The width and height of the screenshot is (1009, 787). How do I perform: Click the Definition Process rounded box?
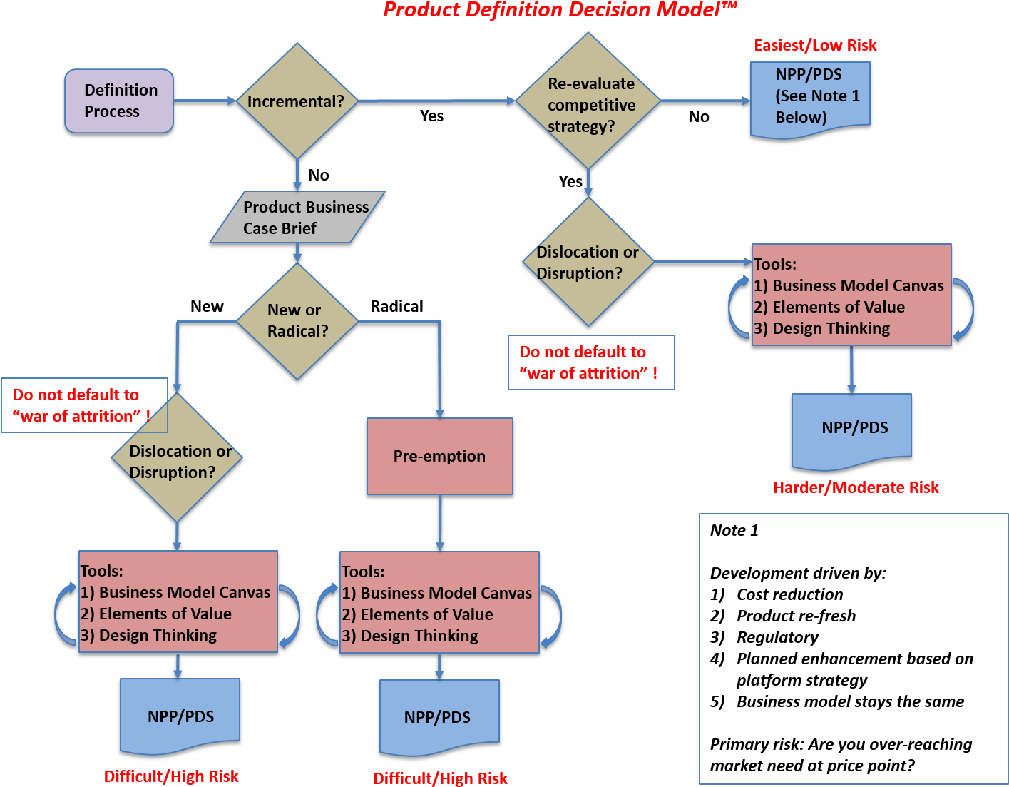[119, 101]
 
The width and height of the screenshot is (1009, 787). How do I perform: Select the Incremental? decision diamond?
[297, 101]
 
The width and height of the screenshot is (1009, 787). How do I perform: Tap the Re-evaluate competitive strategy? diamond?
[588, 101]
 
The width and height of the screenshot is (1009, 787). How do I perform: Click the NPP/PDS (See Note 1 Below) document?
[810, 98]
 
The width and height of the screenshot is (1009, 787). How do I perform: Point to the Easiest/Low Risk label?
[815, 46]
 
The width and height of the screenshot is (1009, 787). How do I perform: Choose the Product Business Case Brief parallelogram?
[297, 217]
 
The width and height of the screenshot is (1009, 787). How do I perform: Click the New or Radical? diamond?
[297, 321]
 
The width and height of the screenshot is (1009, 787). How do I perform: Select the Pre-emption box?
[439, 456]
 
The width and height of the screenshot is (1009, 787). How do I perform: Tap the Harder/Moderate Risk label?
[856, 488]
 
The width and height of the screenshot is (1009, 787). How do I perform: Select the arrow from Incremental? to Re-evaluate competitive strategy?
[436, 101]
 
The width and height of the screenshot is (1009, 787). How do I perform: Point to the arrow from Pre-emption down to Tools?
[440, 522]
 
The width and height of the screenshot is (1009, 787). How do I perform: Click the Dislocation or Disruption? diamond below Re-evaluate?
[588, 262]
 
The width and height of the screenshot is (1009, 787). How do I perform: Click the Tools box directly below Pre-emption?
[439, 602]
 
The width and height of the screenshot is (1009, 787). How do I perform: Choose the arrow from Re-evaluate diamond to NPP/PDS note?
[705, 101]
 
